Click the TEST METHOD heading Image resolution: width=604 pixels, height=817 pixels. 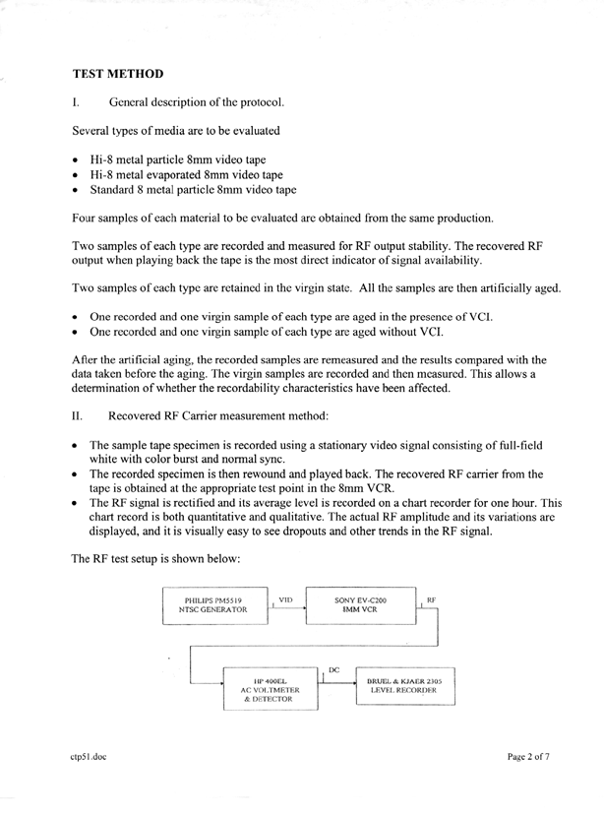coord(118,74)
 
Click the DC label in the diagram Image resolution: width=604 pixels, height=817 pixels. coord(333,670)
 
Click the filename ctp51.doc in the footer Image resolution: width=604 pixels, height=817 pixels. coord(91,757)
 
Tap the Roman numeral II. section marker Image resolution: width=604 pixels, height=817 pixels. coord(79,416)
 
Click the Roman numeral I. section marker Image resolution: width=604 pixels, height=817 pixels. coord(76,102)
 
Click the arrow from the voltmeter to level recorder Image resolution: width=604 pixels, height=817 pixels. coord(339,683)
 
